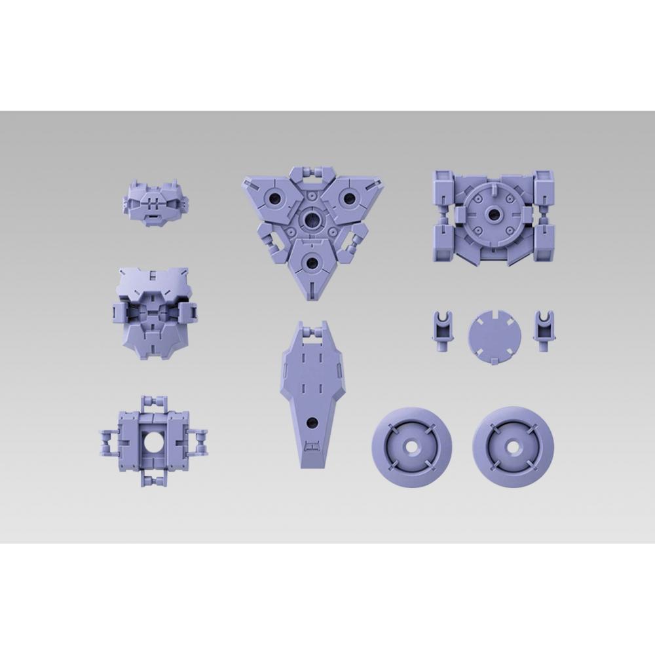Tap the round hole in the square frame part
[154, 443]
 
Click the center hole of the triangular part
[312, 219]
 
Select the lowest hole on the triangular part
[312, 263]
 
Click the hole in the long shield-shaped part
[312, 422]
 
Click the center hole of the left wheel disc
[411, 446]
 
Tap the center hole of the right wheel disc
[512, 446]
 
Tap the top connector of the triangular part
[312, 174]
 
